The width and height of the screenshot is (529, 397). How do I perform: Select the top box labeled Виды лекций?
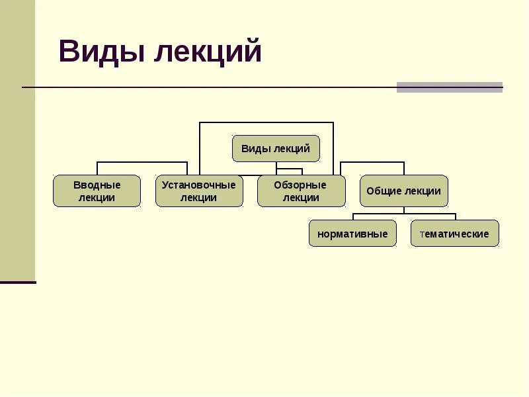[x=276, y=149]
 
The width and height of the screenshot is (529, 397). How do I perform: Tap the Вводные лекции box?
[x=97, y=191]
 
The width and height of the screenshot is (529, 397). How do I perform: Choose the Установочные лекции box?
[x=199, y=191]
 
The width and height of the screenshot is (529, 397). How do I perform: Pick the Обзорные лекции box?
[x=301, y=191]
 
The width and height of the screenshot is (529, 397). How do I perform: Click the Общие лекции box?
[x=403, y=191]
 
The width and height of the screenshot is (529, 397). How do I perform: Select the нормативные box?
[x=352, y=234]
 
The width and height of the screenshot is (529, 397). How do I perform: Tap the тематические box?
[x=454, y=234]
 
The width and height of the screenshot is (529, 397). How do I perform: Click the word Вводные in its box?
[x=97, y=185]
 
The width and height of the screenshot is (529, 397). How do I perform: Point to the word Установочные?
[x=199, y=185]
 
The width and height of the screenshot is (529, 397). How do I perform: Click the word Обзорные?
[x=301, y=185]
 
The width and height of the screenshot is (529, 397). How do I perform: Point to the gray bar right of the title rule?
[x=450, y=87]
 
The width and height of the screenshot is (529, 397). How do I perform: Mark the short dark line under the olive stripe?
[x=18, y=283]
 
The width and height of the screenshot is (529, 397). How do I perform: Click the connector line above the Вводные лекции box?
[x=97, y=168]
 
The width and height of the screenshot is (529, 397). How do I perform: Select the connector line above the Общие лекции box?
[x=404, y=168]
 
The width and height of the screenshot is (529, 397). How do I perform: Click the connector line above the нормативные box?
[x=353, y=216]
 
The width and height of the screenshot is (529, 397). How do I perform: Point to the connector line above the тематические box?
[x=455, y=216]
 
